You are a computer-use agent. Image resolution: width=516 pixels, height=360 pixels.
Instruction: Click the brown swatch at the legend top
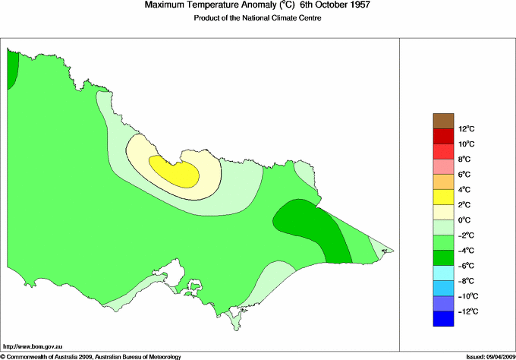click(443, 120)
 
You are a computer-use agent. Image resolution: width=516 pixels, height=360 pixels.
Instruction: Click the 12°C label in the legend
click(445, 128)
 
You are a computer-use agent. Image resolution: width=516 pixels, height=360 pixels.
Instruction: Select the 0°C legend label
click(445, 219)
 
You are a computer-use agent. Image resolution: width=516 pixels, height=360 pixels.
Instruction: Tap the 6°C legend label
click(445, 174)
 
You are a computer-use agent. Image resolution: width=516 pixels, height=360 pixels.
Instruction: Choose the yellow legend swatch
click(443, 197)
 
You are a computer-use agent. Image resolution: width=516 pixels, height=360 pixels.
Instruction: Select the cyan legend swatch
click(443, 273)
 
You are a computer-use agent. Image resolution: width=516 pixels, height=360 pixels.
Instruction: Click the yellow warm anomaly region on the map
click(175, 172)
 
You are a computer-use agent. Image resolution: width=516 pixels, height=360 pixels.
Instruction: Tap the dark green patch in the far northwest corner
click(12, 70)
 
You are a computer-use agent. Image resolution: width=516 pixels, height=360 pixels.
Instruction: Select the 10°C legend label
click(445, 144)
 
